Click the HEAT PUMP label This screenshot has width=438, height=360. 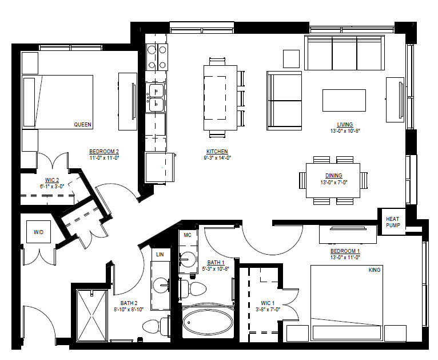393,222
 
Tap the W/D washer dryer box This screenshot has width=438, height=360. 38,232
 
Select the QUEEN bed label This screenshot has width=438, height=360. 83,124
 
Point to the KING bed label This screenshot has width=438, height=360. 375,270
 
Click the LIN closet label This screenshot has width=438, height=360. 160,254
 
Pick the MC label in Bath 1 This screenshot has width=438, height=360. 188,235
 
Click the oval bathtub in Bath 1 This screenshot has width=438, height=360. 208,322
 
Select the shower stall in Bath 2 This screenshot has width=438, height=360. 91,315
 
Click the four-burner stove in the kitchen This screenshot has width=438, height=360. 157,57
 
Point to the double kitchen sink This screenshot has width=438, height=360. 156,97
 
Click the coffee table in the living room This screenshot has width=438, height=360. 344,100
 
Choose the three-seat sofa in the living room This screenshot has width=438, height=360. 344,53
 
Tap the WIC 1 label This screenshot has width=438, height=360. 268,303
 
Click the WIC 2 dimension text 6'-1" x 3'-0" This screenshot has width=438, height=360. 52,186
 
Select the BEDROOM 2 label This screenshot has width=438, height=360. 104,152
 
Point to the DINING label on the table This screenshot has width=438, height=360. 333,176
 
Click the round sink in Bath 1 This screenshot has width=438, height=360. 188,259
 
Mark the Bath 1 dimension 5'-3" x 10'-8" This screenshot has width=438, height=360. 216,269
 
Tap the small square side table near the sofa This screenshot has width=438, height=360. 292,59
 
